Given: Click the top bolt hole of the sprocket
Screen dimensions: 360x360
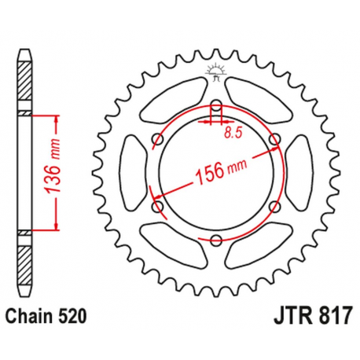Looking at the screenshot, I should pos(215,105).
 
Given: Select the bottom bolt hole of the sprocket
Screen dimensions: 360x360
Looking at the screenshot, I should pos(215,241).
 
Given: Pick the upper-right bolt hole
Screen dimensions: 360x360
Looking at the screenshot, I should pos(274,139).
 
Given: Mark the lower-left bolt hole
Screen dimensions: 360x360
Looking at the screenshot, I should pos(156,207).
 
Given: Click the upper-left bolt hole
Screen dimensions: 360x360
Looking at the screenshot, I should pos(156,139).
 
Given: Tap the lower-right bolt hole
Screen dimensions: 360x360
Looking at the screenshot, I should pos(274,207).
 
